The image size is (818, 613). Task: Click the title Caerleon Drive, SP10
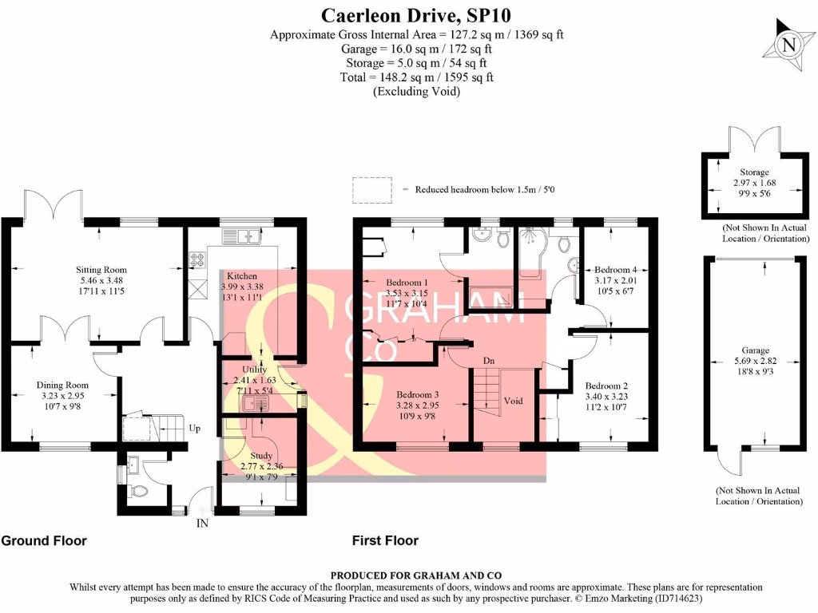click(415, 15)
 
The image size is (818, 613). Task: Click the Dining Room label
click(62, 386)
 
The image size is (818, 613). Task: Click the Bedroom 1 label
click(407, 283)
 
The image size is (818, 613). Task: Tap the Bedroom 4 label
click(613, 270)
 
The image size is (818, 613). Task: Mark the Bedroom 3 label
click(419, 394)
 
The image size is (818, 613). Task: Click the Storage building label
click(754, 172)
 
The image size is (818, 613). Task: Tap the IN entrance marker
click(202, 524)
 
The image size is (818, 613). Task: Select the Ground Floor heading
click(44, 541)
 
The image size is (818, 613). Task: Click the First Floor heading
click(385, 541)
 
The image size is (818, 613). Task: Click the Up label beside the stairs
click(195, 429)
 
